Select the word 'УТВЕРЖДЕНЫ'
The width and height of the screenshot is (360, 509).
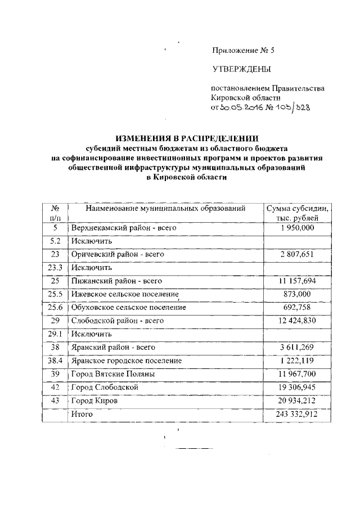(x=241, y=70)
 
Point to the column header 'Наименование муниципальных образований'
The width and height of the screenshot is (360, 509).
(x=165, y=209)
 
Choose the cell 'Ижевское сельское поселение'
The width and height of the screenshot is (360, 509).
(x=125, y=294)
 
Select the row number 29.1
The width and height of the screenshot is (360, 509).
(x=55, y=334)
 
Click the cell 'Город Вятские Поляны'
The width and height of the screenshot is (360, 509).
(x=112, y=374)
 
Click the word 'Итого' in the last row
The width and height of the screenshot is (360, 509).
(x=82, y=414)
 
